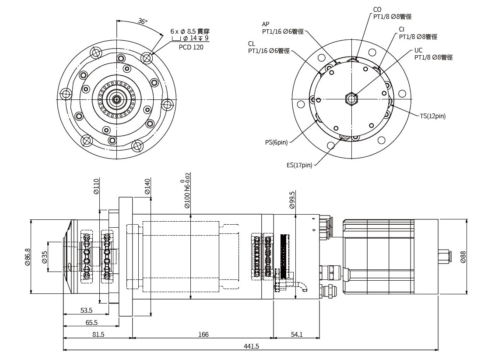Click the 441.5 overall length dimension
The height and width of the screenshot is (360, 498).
[x=251, y=346]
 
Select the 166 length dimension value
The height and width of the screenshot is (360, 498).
[x=203, y=334]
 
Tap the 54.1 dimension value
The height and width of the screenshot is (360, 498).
[x=296, y=334]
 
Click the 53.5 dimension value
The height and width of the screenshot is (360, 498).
[x=86, y=311]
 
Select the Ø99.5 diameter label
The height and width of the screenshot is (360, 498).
[x=292, y=200]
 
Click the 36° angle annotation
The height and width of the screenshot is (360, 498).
[x=143, y=21]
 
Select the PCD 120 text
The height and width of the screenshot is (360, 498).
[x=191, y=47]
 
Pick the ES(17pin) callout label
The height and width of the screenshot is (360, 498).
[x=299, y=165]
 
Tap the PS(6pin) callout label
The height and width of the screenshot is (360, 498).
[x=277, y=142]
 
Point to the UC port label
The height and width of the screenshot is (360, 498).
[x=418, y=50]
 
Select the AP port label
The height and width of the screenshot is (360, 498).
[x=266, y=24]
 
